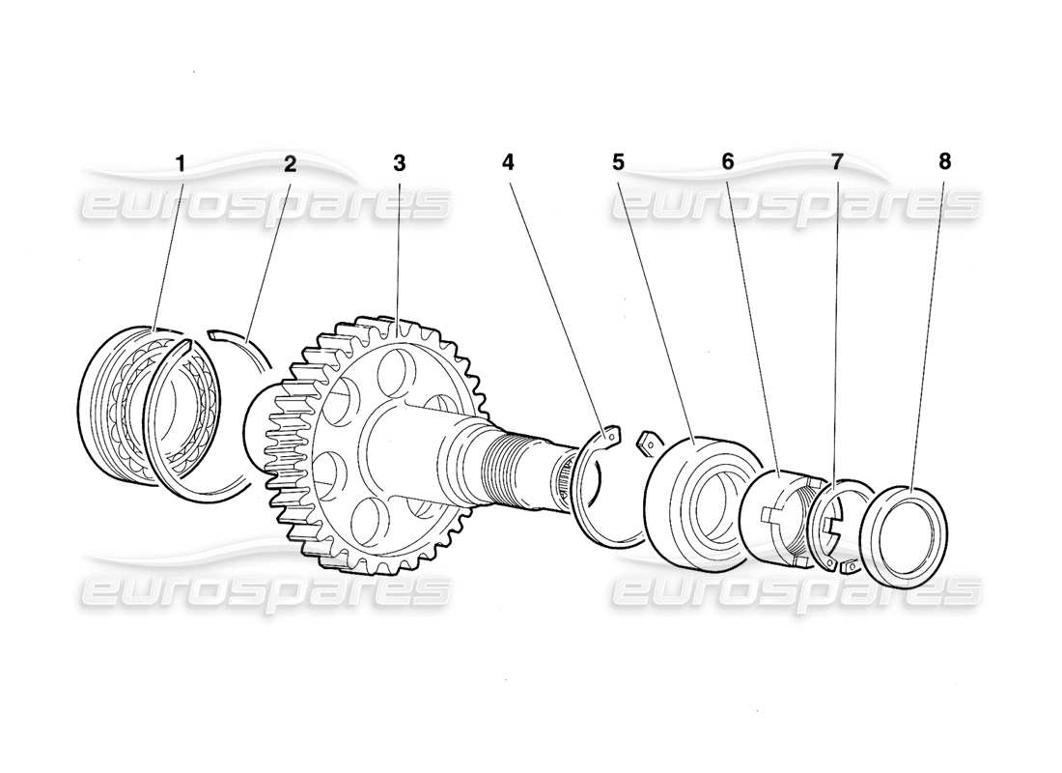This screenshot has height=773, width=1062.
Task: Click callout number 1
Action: [180, 162]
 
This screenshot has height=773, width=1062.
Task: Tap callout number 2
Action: [289, 162]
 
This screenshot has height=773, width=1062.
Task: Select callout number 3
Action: [399, 162]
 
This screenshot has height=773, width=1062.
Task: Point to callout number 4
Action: [509, 162]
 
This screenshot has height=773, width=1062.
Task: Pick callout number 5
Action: [618, 162]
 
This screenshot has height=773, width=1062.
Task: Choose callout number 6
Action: [727, 162]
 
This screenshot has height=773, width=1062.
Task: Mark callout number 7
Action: [837, 162]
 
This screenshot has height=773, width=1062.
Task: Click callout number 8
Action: [945, 162]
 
